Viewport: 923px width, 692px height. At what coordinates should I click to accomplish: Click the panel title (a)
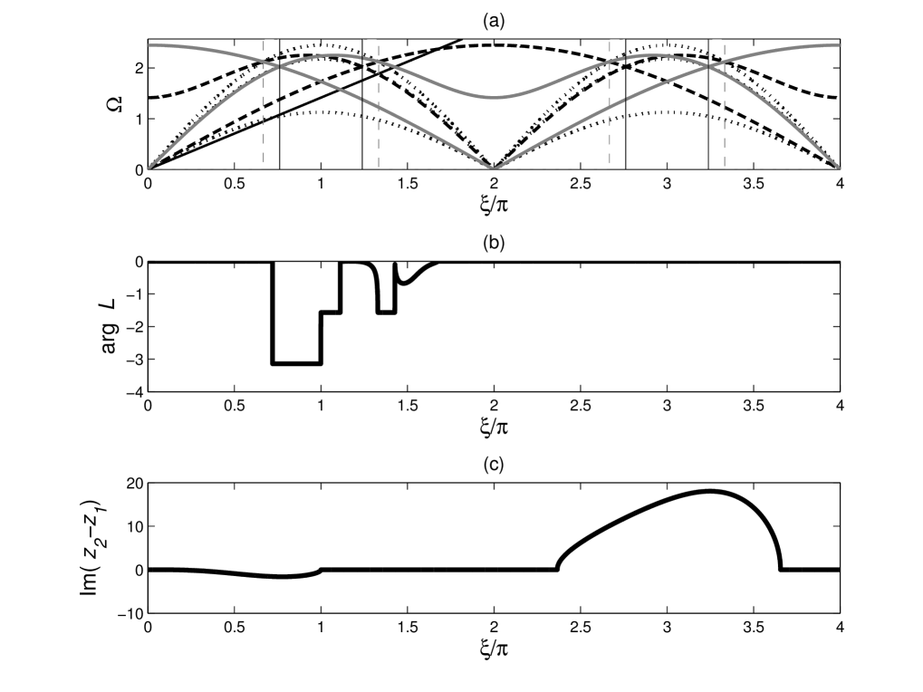494,22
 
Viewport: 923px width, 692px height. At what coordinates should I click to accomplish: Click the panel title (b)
494,243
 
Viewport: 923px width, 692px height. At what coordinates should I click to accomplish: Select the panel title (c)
494,465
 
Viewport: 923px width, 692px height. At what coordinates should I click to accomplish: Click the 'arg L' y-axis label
110,326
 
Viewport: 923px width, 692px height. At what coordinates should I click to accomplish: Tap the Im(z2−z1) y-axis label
90,547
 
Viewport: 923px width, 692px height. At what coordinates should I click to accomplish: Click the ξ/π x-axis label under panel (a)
494,205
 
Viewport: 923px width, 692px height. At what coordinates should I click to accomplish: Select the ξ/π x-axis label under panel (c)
494,648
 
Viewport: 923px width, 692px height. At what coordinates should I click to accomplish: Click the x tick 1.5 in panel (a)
408,184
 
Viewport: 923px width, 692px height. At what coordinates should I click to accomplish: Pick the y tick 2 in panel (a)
139,68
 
